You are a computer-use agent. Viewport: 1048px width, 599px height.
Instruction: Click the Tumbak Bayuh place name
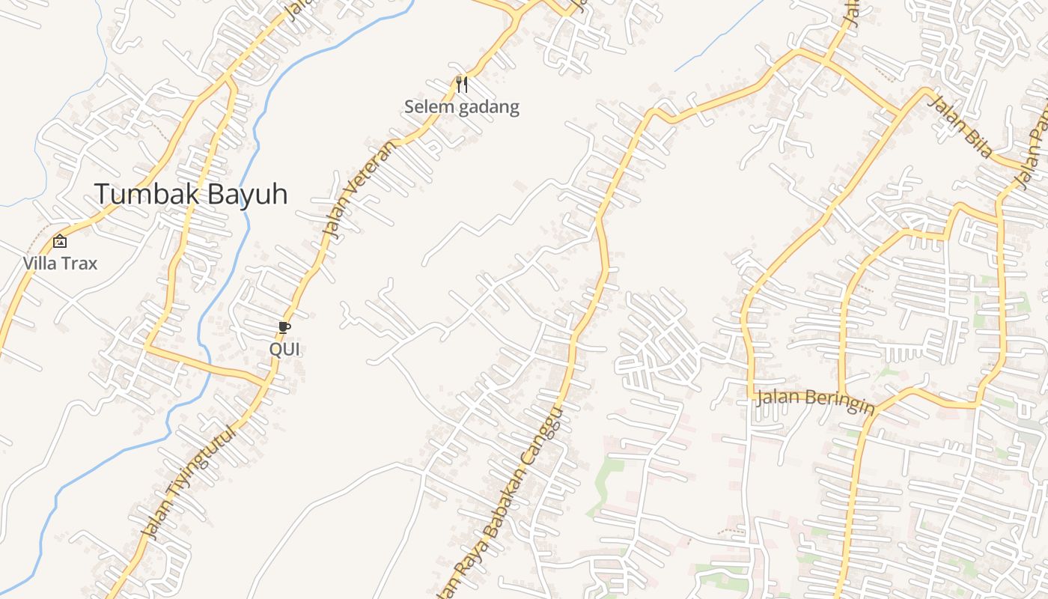pyautogui.click(x=191, y=194)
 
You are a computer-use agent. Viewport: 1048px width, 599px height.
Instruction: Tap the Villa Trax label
pyautogui.click(x=60, y=264)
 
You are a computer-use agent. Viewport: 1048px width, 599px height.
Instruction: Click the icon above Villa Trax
pyautogui.click(x=60, y=241)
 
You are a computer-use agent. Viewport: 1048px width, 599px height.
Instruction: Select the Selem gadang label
pyautogui.click(x=461, y=107)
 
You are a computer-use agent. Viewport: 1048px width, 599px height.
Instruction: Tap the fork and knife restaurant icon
pyautogui.click(x=462, y=84)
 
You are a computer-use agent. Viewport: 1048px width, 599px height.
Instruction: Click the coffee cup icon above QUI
pyautogui.click(x=284, y=327)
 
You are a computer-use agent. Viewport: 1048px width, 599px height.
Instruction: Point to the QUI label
pyautogui.click(x=284, y=349)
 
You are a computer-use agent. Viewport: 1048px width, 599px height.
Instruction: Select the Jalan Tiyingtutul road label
pyautogui.click(x=190, y=482)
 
